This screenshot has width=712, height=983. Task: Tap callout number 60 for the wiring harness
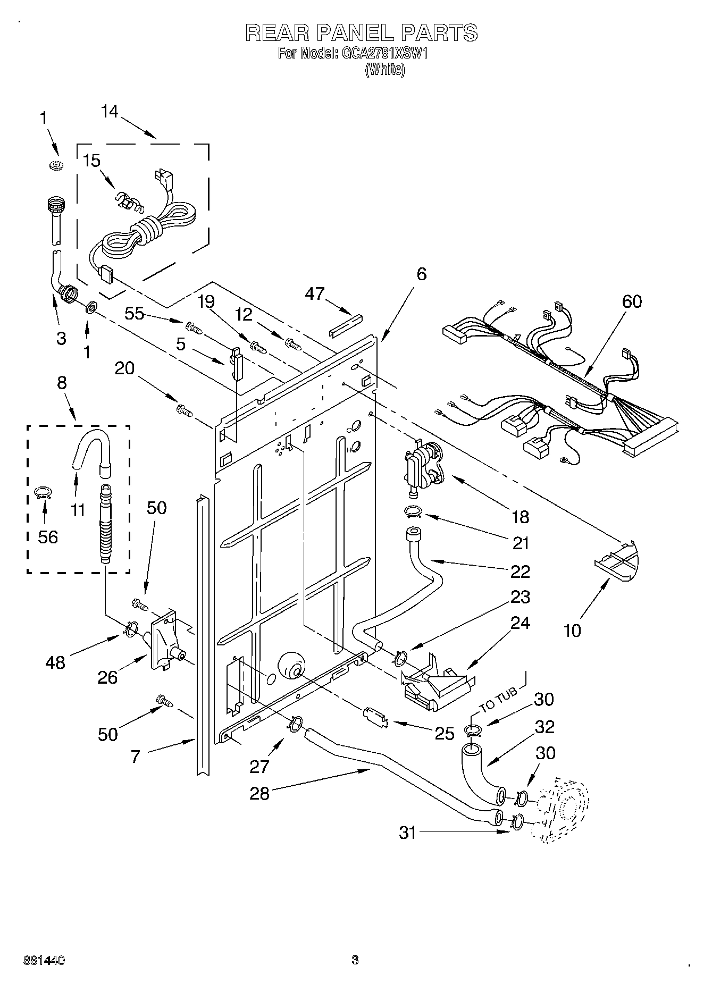(631, 301)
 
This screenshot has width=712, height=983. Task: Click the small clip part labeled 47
(346, 325)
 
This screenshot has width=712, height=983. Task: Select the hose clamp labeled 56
(43, 493)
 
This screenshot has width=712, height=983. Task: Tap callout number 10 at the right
(572, 631)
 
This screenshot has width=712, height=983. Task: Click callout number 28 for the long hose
(259, 794)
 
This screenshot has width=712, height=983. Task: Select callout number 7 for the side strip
(135, 757)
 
